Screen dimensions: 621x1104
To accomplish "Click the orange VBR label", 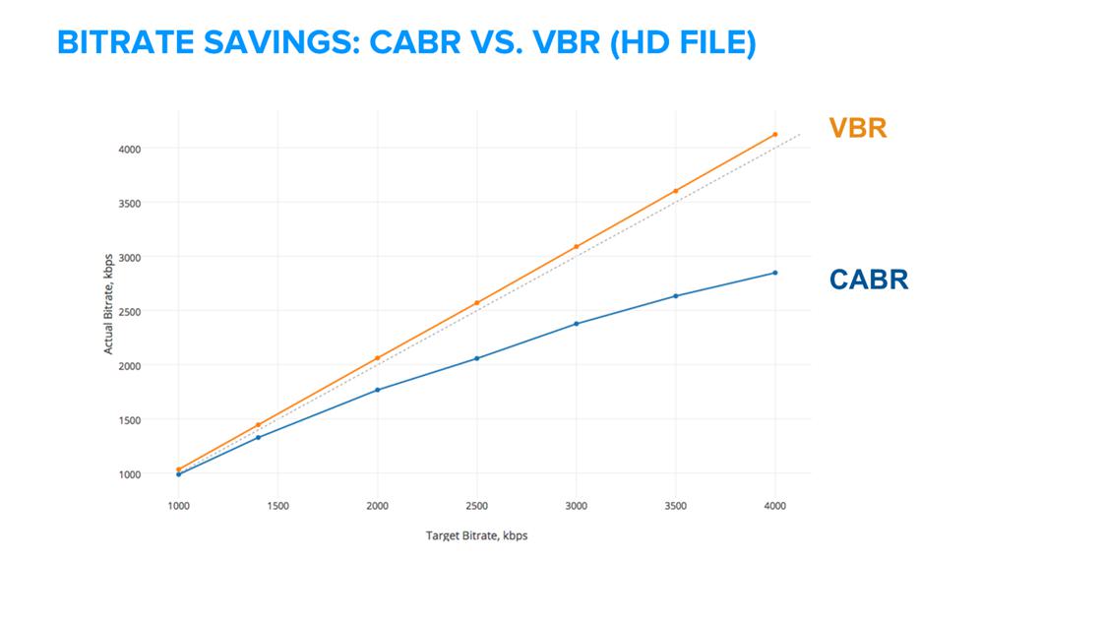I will pos(857,128).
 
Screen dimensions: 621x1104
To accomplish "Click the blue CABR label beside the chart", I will pos(869,279).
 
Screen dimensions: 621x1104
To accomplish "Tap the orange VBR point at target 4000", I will pos(775,134).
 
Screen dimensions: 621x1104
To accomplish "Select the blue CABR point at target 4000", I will pos(775,273).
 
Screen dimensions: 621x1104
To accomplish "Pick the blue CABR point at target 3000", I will pos(577,323).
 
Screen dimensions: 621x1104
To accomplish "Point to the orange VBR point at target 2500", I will pos(477,303).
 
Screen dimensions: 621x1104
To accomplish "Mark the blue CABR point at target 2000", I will pos(377,390).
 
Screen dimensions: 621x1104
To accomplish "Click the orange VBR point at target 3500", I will pos(676,191).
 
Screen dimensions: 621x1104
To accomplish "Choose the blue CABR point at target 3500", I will pos(676,295).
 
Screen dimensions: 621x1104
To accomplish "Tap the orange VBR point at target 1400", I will pos(258,425).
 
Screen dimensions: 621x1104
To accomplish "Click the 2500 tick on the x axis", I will pos(477,506).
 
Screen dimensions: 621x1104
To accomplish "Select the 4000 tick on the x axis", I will pos(775,506).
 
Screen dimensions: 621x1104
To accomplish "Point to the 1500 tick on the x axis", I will pos(277,506).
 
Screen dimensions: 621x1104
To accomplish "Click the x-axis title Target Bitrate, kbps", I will pos(476,536).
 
